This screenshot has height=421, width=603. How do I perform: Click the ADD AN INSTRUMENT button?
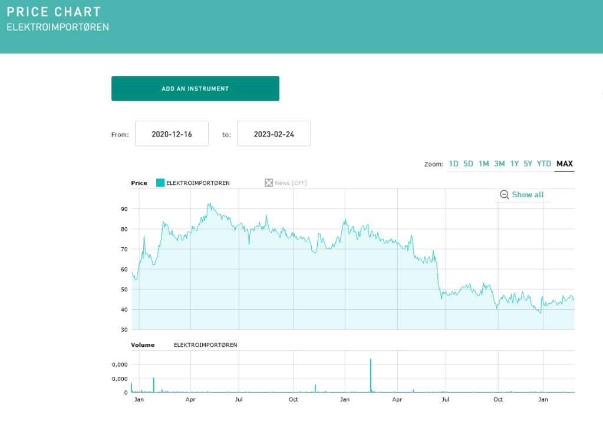195,88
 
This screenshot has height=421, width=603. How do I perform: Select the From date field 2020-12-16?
172,134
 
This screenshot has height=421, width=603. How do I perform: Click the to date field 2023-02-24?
274,134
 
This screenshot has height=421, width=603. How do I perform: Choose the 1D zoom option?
453,164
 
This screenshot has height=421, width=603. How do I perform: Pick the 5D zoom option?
468,164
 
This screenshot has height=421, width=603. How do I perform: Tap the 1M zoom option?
483,164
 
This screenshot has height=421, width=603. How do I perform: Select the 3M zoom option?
499,164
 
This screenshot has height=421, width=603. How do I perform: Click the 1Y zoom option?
515,164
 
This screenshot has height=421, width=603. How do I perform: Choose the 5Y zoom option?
528,164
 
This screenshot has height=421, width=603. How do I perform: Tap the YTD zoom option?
544,164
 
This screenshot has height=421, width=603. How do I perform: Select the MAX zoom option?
564,164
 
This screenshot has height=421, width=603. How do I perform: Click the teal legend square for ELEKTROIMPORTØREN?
160,183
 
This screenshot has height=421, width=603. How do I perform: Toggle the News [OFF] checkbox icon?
269,183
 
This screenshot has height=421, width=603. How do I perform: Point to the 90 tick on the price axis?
124,209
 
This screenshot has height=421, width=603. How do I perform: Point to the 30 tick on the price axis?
124,330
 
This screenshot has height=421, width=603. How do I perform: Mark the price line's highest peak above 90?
209,204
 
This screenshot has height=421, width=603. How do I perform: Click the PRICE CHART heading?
54,12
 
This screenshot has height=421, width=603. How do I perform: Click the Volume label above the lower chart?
143,345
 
